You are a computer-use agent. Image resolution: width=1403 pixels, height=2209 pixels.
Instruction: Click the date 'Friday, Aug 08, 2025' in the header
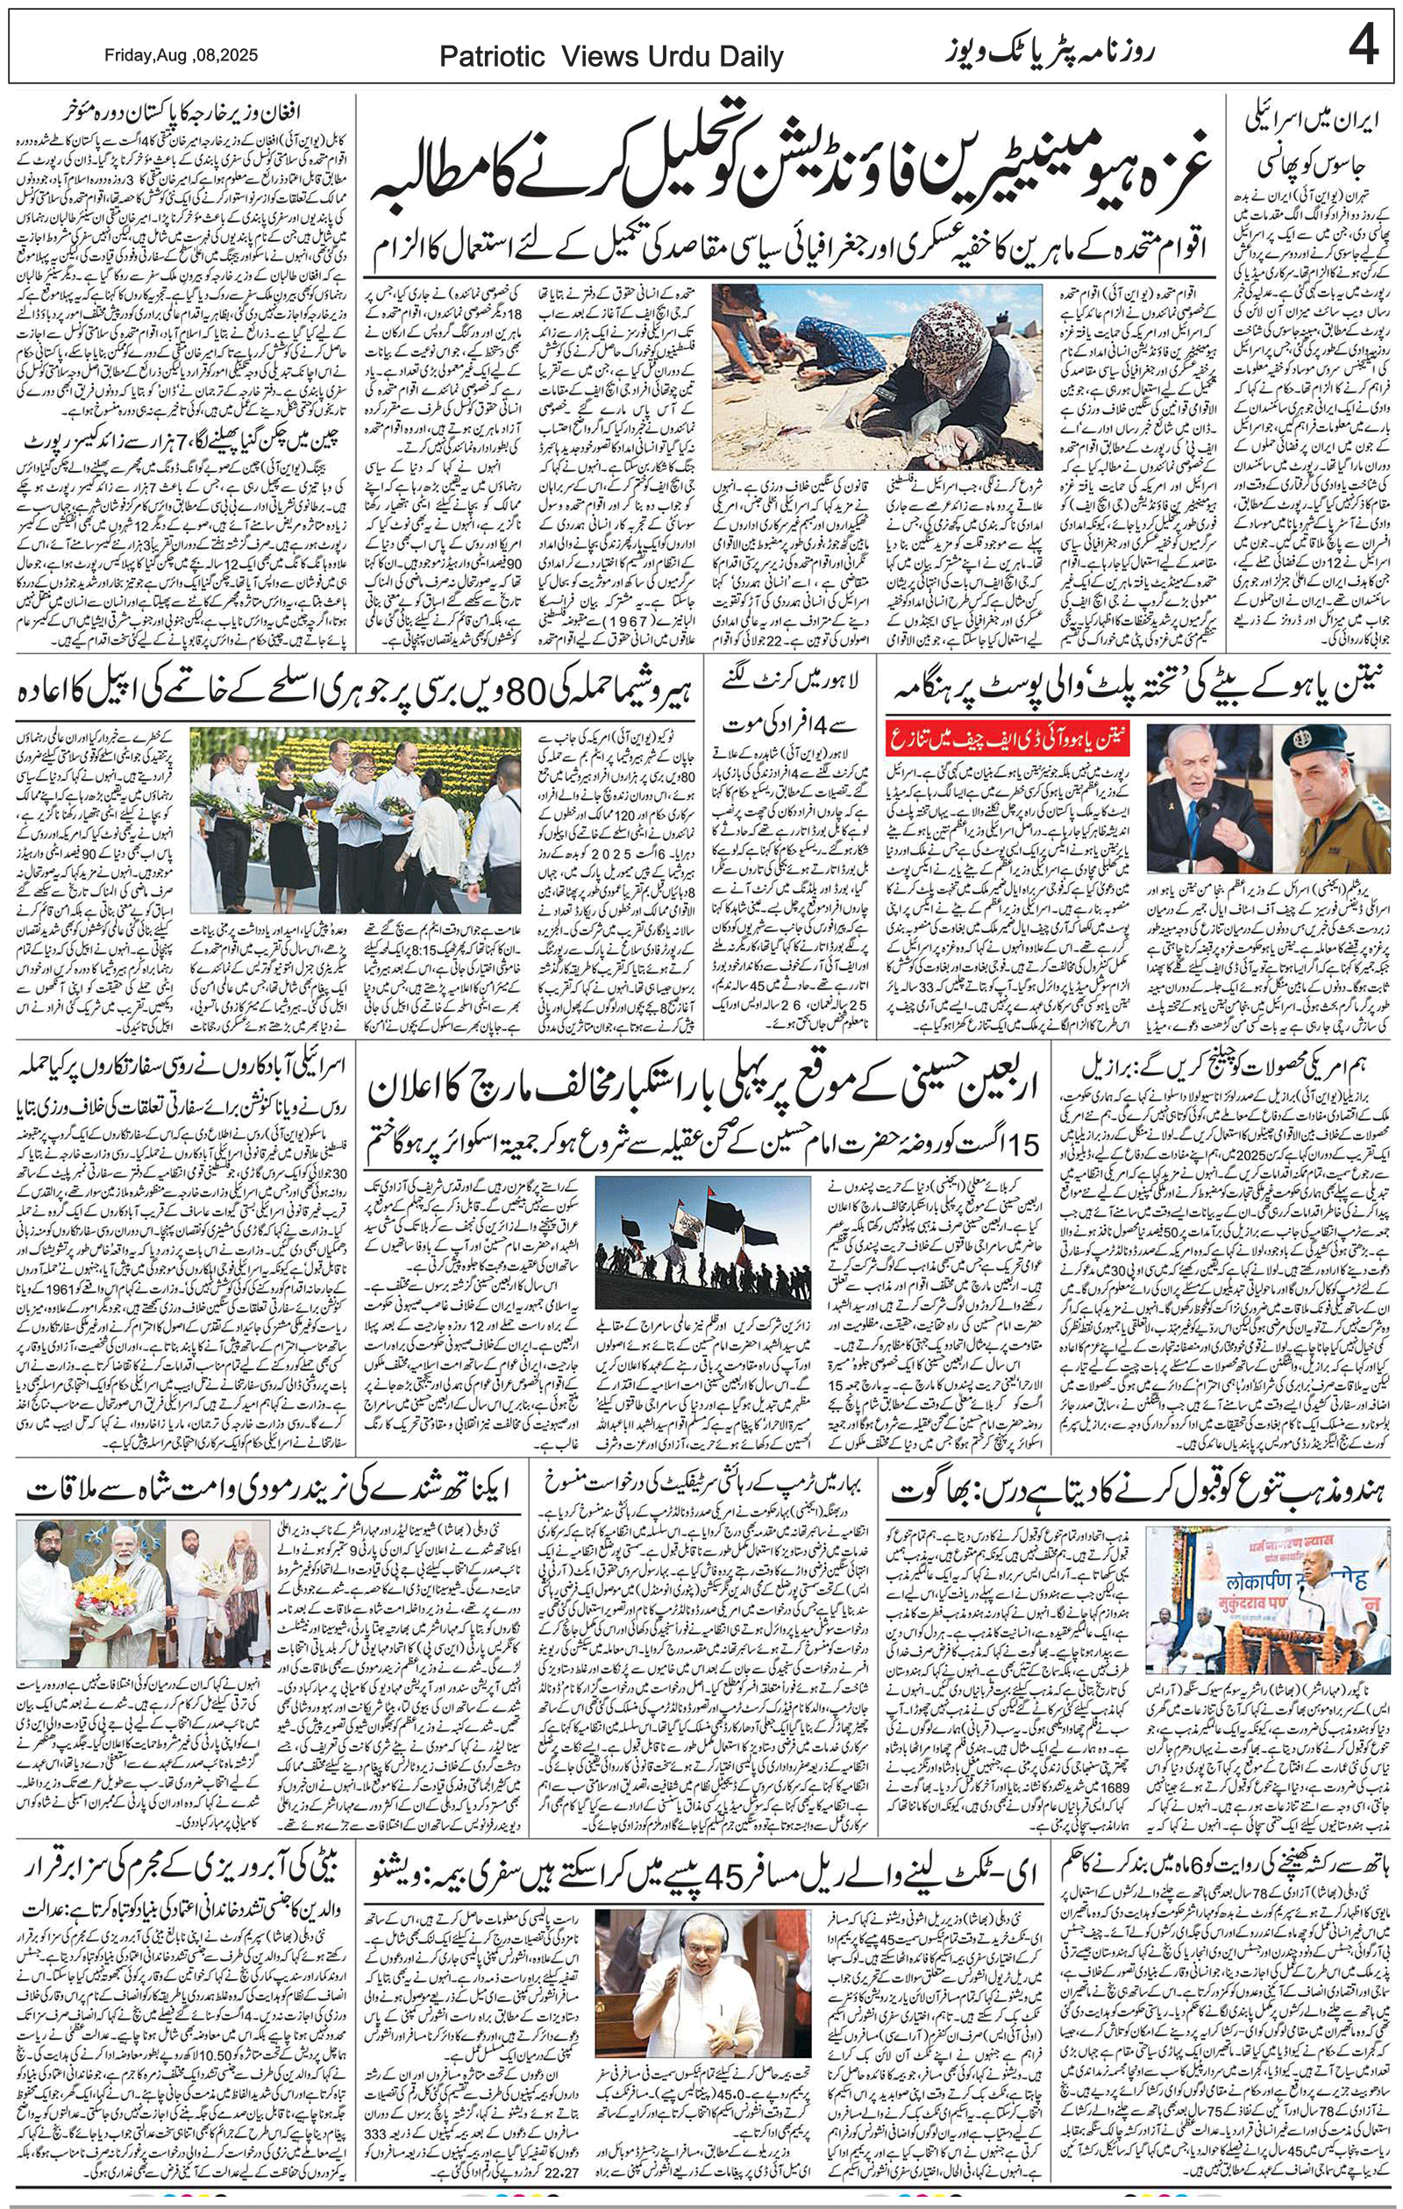tap(181, 55)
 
